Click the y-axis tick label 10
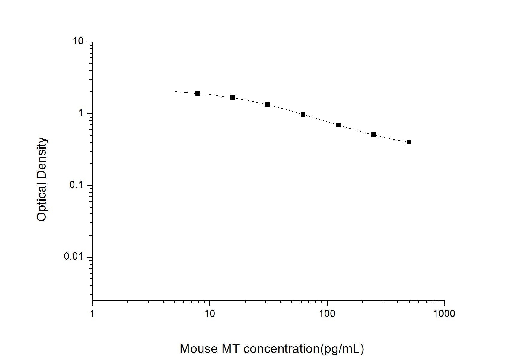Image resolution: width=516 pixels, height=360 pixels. pyautogui.click(x=78, y=41)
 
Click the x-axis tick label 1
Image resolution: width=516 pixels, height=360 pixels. pyautogui.click(x=92, y=313)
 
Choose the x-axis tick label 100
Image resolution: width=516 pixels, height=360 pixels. pyautogui.click(x=327, y=313)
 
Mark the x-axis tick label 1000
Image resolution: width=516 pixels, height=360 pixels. pyautogui.click(x=444, y=313)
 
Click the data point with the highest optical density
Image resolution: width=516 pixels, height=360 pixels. pyautogui.click(x=197, y=93)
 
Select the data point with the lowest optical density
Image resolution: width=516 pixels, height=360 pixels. pyautogui.click(x=409, y=142)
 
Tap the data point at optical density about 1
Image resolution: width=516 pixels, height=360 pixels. pyautogui.click(x=303, y=114)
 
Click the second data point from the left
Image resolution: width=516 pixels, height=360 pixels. pyautogui.click(x=232, y=98)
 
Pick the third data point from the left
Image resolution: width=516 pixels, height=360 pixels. pyautogui.click(x=268, y=105)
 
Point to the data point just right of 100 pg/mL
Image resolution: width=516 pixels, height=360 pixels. pyautogui.click(x=338, y=125)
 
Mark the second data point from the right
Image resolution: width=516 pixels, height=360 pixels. pyautogui.click(x=374, y=135)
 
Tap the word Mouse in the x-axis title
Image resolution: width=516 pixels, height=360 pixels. pyautogui.click(x=199, y=349)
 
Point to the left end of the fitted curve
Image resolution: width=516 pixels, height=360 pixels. pyautogui.click(x=175, y=91)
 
